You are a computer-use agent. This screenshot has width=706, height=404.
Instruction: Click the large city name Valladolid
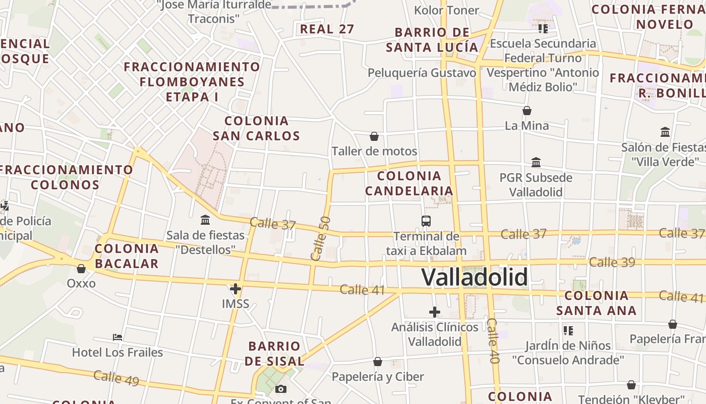(x=475, y=277)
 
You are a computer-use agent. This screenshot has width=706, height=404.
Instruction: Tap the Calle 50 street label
(x=321, y=238)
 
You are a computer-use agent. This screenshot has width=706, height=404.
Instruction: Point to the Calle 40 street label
(x=493, y=341)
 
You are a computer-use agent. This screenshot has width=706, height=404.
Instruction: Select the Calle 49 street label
(x=116, y=378)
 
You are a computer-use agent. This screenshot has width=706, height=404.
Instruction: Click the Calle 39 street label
(x=612, y=262)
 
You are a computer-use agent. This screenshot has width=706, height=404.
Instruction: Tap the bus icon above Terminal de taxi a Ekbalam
(x=426, y=221)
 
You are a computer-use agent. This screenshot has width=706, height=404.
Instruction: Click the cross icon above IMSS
(x=235, y=289)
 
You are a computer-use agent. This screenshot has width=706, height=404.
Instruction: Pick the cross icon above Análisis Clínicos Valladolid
(x=434, y=312)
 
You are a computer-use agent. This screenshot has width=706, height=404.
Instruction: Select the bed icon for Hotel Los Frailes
(x=117, y=337)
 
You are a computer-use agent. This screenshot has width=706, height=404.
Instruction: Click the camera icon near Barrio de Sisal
(x=281, y=389)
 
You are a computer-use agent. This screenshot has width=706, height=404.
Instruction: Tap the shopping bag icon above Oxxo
(x=81, y=268)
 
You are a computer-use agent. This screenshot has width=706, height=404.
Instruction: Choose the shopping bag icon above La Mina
(x=527, y=110)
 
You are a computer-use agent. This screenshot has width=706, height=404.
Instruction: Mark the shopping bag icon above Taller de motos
(x=374, y=136)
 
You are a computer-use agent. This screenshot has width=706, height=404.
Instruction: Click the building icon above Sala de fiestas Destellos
(x=205, y=220)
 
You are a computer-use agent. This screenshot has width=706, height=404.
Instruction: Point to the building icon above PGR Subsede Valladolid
(x=536, y=163)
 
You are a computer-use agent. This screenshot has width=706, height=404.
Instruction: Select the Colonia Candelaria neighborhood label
(x=409, y=183)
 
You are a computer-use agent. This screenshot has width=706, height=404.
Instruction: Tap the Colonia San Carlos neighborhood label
(x=256, y=128)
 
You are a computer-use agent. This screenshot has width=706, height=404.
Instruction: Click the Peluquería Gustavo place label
(x=422, y=73)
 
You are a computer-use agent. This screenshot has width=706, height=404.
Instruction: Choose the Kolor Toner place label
(x=446, y=10)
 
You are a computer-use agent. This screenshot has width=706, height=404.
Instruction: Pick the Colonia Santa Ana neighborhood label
(x=597, y=303)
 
